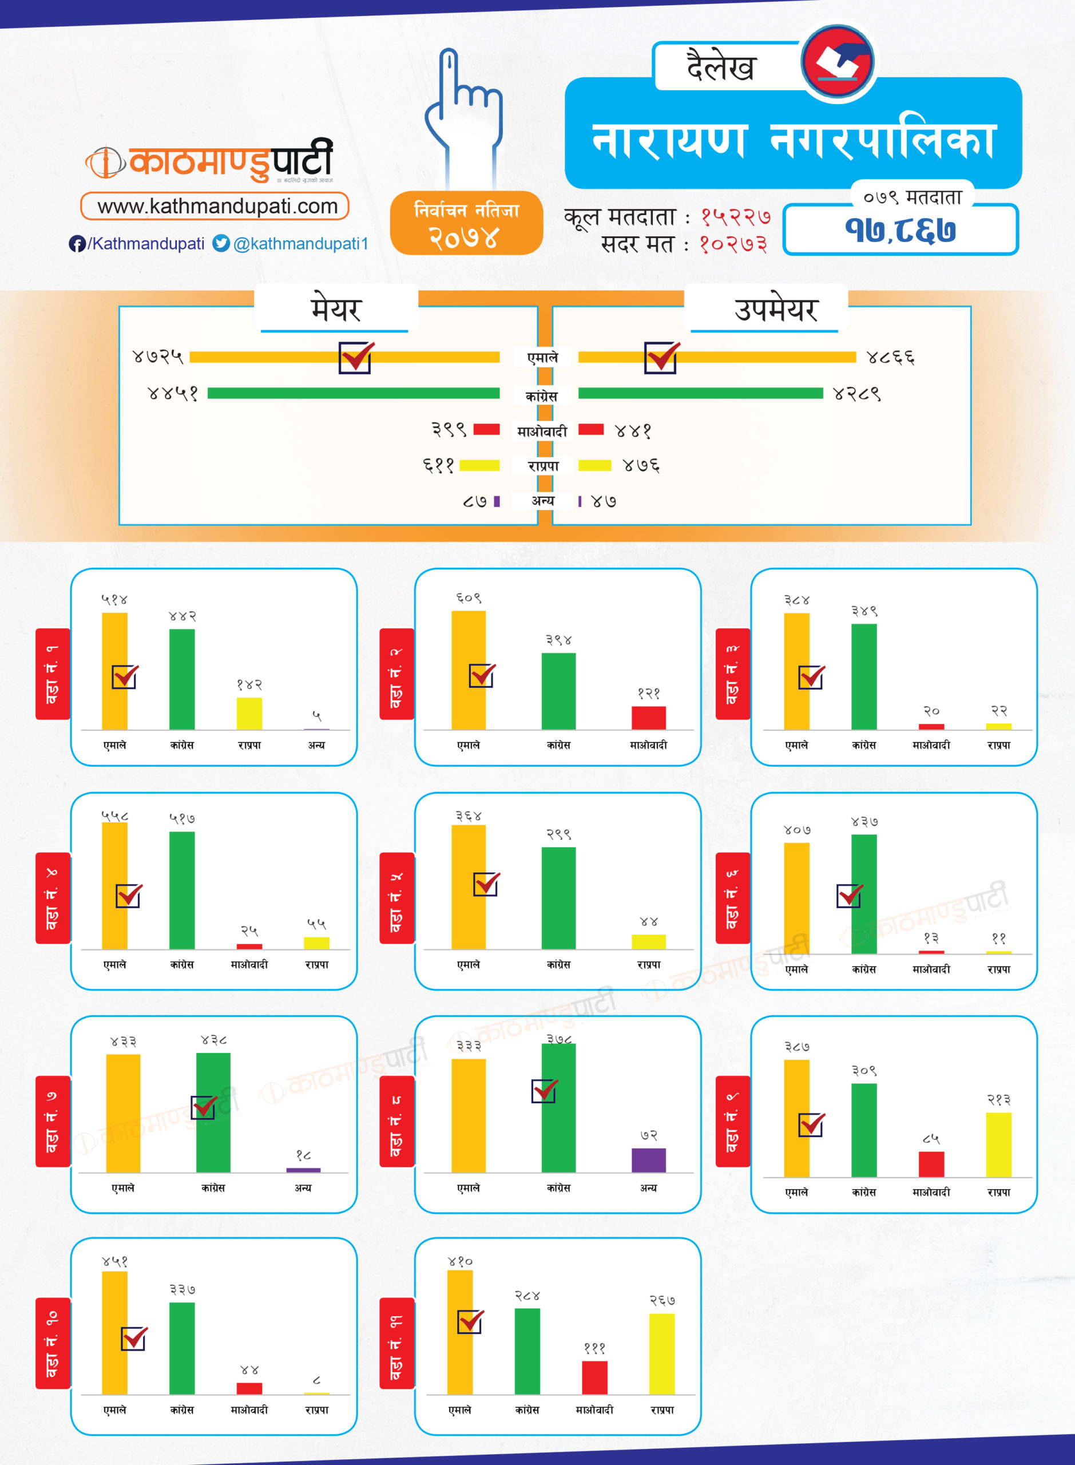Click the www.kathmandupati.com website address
[217, 207]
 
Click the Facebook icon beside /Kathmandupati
[77, 243]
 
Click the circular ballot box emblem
[838, 62]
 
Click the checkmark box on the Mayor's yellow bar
[355, 357]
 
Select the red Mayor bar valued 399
[486, 429]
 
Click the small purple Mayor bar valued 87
[497, 501]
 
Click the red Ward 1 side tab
[52, 674]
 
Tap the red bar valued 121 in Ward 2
[648, 717]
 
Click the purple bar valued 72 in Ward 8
[648, 1160]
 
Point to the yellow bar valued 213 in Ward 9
[998, 1144]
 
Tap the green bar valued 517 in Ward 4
[181, 889]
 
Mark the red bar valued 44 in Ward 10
[249, 1388]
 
